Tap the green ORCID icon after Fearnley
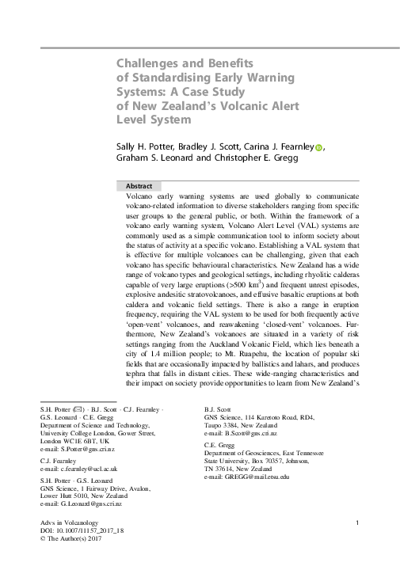(320, 147)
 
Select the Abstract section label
(143, 185)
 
